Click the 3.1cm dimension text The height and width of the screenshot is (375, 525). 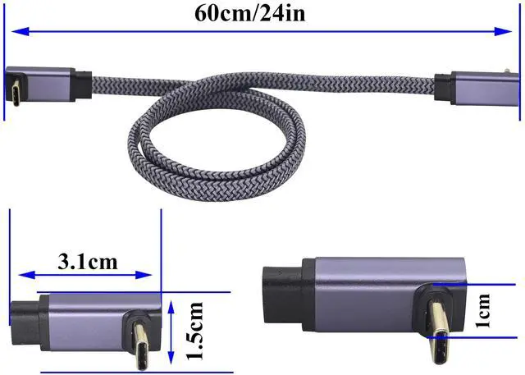tap(88, 263)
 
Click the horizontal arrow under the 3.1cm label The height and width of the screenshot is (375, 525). tap(88, 276)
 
